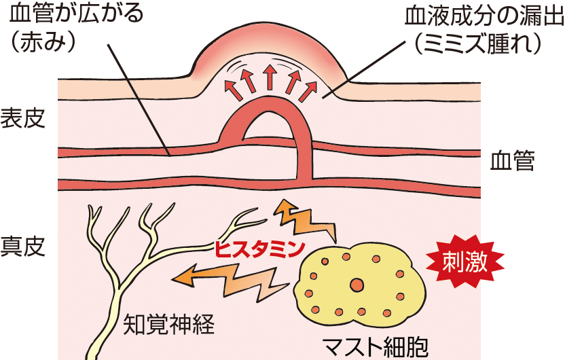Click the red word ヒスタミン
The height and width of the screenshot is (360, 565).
tap(259, 249)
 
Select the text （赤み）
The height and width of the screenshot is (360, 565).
tap(48, 42)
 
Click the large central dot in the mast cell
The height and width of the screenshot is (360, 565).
tap(356, 283)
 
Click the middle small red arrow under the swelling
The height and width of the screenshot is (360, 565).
tap(270, 78)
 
